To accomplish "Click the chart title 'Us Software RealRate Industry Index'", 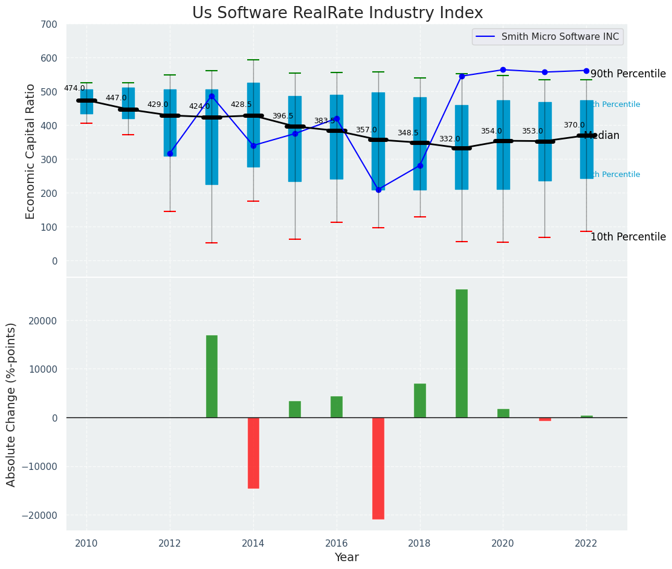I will (x=337, y=13).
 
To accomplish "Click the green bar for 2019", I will (x=462, y=353).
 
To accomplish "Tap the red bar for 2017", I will (x=378, y=468).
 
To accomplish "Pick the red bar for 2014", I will (x=253, y=452).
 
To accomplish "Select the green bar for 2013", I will (x=212, y=376).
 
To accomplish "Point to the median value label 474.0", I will (x=74, y=89).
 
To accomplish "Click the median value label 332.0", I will (x=450, y=140).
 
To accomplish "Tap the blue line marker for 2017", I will (x=378, y=190).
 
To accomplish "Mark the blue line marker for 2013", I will (x=212, y=96).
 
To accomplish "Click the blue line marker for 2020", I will (x=503, y=69).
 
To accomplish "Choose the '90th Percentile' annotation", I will (x=628, y=74).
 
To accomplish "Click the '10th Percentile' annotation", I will (x=628, y=237).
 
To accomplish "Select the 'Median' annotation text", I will (x=602, y=136).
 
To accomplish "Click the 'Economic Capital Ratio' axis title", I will (x=31, y=150).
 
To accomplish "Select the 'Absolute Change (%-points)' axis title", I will (x=11, y=404).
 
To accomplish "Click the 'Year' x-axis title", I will (x=347, y=558).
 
